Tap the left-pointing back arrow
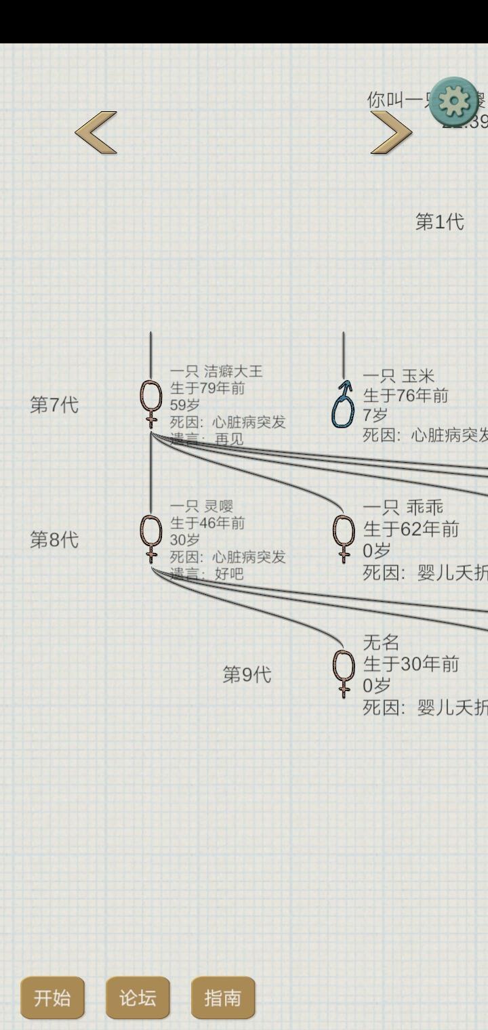[96, 132]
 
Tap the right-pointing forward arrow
[391, 132]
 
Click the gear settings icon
[454, 102]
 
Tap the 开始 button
[52, 997]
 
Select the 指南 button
[223, 997]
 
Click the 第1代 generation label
[439, 222]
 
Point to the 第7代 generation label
[54, 405]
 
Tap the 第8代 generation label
[54, 540]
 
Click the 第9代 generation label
[247, 675]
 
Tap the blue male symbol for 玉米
[343, 405]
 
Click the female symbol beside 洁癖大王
[151, 404]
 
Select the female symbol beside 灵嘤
[151, 539]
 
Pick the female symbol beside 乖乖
[344, 539]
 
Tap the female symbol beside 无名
[344, 674]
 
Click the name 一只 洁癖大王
[216, 371]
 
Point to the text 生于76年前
[405, 395]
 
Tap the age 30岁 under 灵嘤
[185, 540]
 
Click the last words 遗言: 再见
[207, 438]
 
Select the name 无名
[381, 642]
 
